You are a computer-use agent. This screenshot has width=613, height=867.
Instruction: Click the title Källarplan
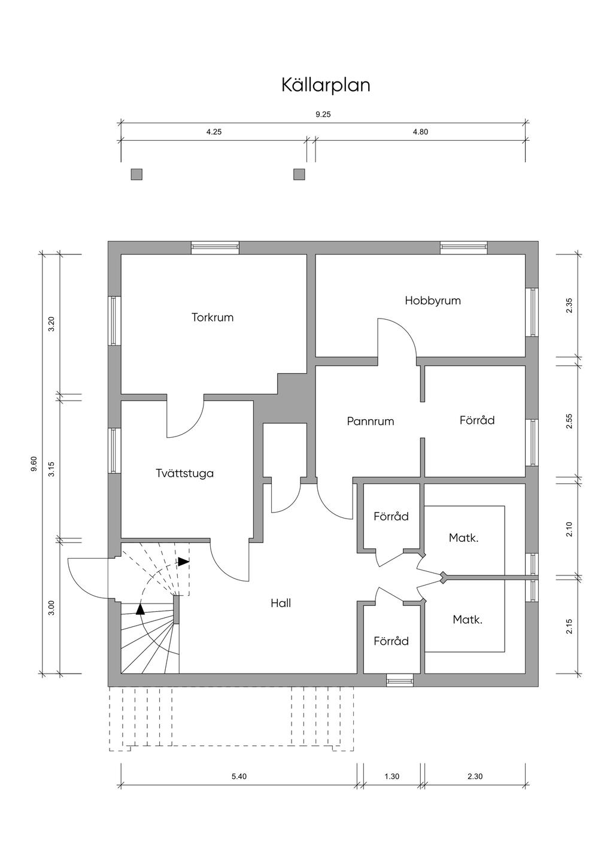[x=326, y=85]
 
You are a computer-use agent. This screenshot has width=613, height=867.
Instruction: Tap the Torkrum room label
[x=213, y=317]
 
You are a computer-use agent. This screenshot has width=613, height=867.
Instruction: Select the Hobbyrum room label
[x=433, y=301]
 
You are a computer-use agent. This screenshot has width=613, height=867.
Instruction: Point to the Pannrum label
[x=371, y=422]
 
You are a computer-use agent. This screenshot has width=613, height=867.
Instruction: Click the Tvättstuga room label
[x=184, y=474]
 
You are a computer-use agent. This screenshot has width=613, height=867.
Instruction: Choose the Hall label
[x=281, y=603]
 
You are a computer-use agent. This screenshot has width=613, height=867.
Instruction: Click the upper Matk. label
[x=464, y=538]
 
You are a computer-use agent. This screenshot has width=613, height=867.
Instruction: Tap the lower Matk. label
[x=468, y=620]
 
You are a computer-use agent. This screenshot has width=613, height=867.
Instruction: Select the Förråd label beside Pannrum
[x=477, y=420]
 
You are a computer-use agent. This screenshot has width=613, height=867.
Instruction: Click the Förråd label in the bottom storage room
[x=391, y=641]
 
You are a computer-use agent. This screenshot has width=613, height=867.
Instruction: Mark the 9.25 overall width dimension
[x=323, y=115]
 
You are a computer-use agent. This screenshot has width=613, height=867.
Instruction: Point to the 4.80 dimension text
[x=420, y=132]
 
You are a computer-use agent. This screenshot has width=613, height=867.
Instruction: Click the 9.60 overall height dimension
[x=34, y=464]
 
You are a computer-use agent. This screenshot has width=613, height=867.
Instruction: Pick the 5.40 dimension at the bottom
[x=239, y=777]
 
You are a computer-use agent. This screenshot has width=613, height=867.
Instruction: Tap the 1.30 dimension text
[x=392, y=777]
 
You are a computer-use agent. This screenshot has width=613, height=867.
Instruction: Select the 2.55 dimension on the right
[x=569, y=422]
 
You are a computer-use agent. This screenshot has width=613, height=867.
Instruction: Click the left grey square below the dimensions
[x=137, y=174]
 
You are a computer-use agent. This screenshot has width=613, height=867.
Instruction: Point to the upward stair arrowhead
[x=140, y=610]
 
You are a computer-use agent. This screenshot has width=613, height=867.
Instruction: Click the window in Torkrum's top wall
[x=215, y=247]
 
